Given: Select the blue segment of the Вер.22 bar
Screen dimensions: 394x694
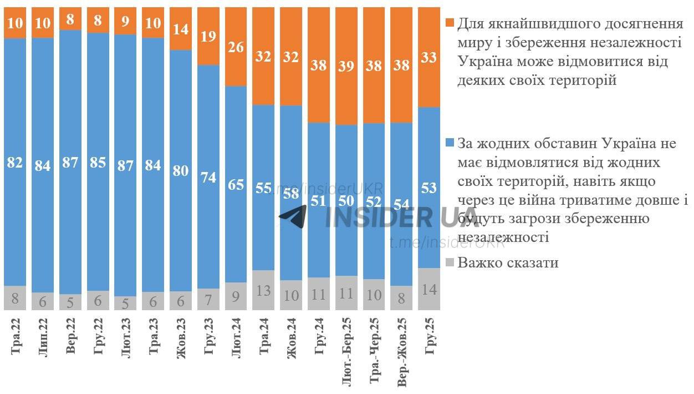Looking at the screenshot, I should coord(70,111).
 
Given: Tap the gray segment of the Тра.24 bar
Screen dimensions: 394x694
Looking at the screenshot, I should coord(264,290).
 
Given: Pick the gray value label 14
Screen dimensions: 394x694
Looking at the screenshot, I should coord(429,289).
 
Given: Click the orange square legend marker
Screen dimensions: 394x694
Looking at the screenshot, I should coord(450,23).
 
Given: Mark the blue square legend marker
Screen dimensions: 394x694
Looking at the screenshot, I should coord(450,144).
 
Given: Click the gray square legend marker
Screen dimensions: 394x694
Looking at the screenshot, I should coord(450,262).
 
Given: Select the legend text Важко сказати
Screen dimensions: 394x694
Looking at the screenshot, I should coord(508,262).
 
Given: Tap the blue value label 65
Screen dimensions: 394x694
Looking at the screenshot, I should coord(236,185).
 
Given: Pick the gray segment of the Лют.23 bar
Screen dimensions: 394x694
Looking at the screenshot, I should coord(126,303).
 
